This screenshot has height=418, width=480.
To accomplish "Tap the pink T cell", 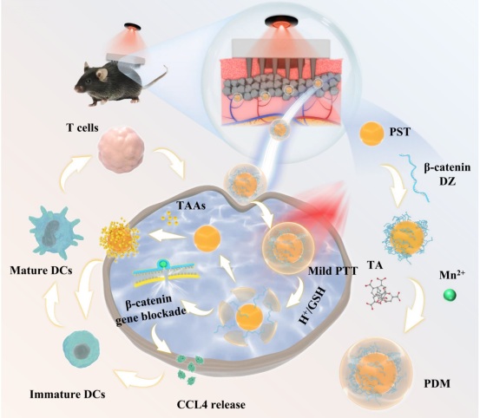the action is (121, 150).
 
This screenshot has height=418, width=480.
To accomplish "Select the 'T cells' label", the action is (82, 127).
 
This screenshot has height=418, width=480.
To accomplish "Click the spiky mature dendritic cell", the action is (56, 232).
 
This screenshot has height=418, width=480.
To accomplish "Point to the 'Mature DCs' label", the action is (41, 271).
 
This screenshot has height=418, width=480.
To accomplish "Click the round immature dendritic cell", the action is (82, 349).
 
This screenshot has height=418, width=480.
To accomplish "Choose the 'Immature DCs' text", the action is (68, 394).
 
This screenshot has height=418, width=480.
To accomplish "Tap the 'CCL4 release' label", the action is (211, 404).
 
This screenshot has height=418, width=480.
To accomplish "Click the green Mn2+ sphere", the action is (450, 295).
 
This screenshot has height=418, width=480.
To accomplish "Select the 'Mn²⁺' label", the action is (452, 275).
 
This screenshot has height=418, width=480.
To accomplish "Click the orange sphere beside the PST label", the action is (372, 134).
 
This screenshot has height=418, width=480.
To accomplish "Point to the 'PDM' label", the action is (437, 383).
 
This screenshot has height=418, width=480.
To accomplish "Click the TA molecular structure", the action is (381, 293).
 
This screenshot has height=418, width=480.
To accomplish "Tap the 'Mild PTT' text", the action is (332, 271).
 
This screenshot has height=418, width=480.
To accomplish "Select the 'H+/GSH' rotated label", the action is (312, 306).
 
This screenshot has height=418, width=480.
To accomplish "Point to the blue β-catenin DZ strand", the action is (414, 178).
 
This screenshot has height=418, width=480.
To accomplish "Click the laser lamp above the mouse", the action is (133, 27).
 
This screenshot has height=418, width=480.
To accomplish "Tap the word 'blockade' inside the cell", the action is (168, 314).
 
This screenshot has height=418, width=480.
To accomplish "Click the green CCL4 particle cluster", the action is (190, 369).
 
